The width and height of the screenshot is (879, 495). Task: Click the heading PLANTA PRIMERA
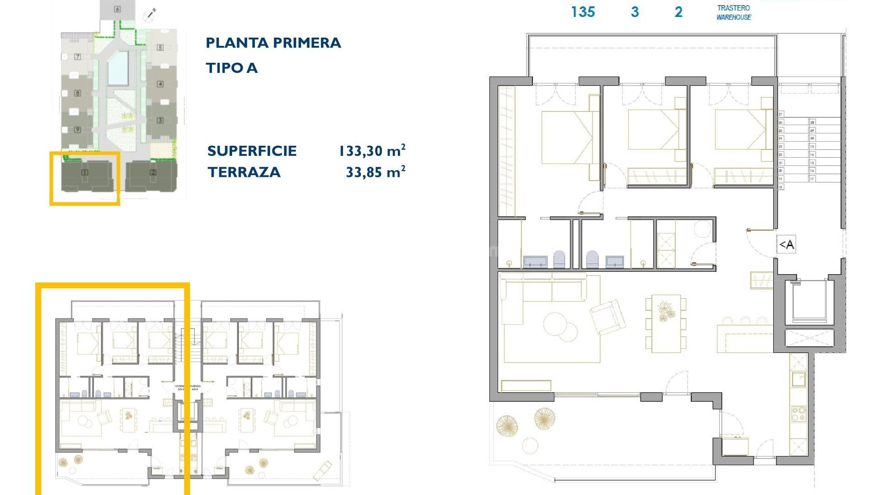[x=273, y=43]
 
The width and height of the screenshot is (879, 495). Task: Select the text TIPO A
[x=232, y=68]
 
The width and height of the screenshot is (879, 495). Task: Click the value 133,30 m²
[x=372, y=151]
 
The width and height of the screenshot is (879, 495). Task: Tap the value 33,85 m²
[x=375, y=172]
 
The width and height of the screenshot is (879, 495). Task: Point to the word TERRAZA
[x=244, y=172]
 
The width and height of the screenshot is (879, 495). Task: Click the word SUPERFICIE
[x=252, y=151]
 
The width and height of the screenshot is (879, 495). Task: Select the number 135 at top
[x=583, y=12]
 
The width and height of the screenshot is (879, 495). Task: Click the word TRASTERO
[x=733, y=8]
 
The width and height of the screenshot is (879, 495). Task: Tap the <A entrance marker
[x=786, y=245]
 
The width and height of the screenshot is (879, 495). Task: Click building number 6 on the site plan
[x=117, y=9]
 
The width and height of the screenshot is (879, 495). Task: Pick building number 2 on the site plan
[x=153, y=172]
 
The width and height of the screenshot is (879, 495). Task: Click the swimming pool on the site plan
[x=118, y=68]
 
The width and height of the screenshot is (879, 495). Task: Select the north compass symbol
[x=150, y=15]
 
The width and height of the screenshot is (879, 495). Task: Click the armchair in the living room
[x=608, y=316]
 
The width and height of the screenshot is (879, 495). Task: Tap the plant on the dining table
[x=663, y=311]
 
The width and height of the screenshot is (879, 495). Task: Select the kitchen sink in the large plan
[x=799, y=379]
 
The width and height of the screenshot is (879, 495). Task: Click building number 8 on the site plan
[x=77, y=93]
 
